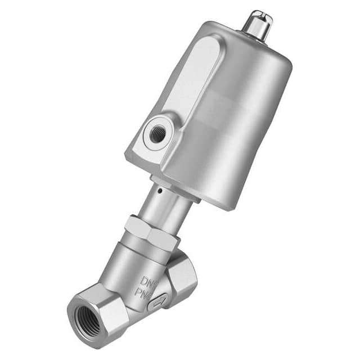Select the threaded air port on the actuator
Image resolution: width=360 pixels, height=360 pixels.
(156, 133)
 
